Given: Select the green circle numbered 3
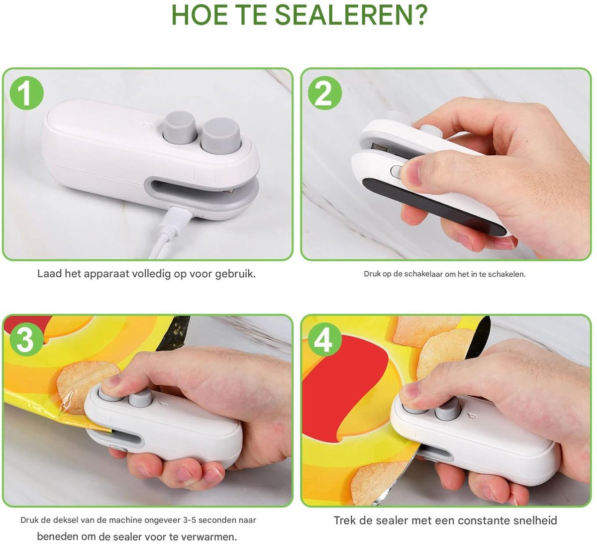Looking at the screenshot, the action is (26, 340).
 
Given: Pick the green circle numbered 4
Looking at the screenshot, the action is (324, 340).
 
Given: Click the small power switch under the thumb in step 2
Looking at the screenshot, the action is (396, 172).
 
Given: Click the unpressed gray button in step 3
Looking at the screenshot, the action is (140, 399).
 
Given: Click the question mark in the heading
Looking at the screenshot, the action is (421, 15).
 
